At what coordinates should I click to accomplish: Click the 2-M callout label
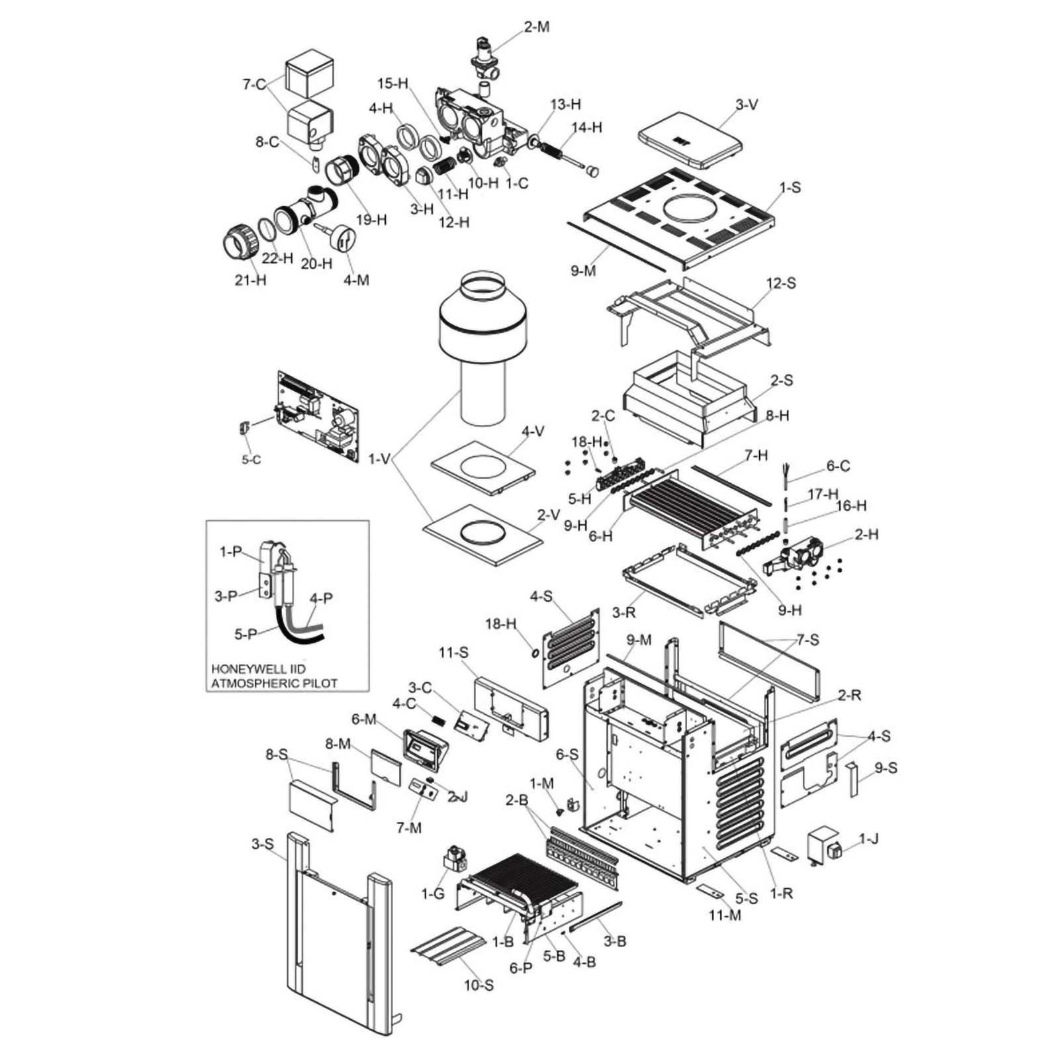(537, 27)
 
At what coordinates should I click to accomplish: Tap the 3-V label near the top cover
(746, 104)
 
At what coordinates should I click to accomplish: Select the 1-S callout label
(790, 187)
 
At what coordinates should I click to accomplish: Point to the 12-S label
(781, 283)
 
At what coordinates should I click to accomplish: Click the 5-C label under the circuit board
(251, 459)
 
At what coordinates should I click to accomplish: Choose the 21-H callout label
(251, 280)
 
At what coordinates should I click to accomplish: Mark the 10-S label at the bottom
(478, 986)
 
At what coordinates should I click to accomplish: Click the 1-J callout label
(869, 840)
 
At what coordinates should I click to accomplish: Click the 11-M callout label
(726, 915)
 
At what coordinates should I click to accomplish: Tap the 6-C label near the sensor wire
(837, 466)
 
